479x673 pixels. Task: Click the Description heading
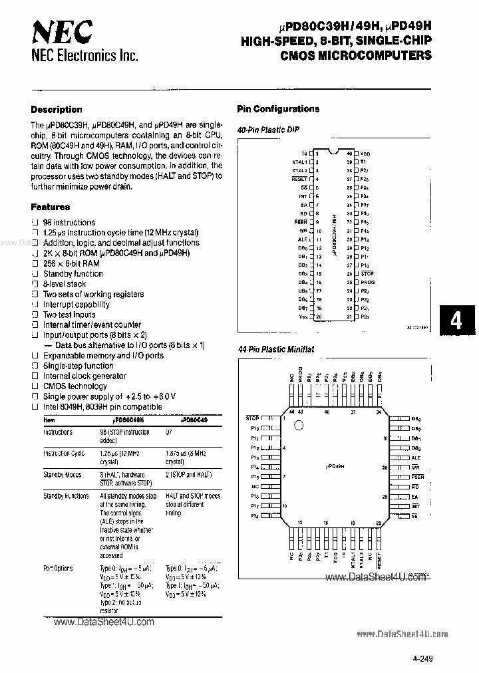[x=57, y=110]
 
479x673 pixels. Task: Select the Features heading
[x=51, y=207]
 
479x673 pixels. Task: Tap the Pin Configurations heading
[x=278, y=109]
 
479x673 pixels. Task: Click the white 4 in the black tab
[x=456, y=322]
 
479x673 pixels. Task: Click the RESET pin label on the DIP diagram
[x=299, y=179]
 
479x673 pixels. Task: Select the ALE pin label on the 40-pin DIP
[x=303, y=239]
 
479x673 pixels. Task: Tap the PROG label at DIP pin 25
[x=367, y=282]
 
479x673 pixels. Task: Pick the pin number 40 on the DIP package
[x=349, y=153]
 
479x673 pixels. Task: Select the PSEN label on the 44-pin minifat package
[x=417, y=477]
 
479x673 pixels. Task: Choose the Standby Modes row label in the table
[x=63, y=475]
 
